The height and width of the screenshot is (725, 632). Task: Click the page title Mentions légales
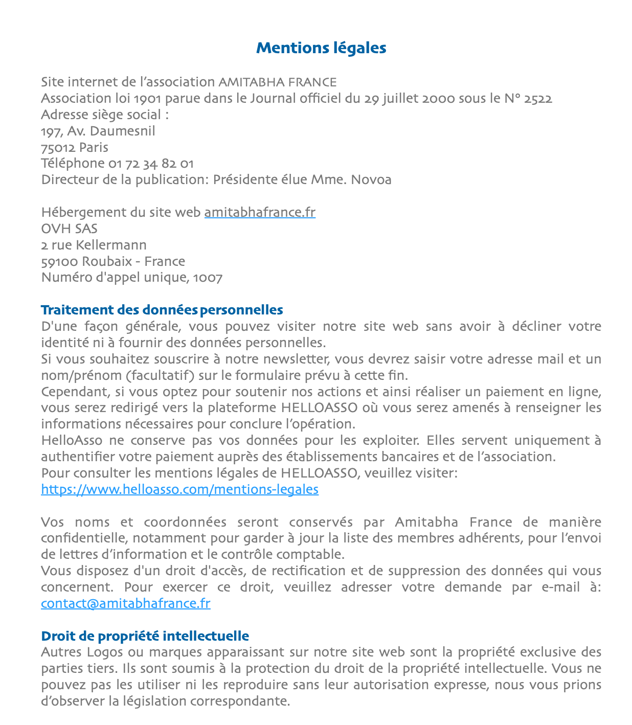click(x=321, y=48)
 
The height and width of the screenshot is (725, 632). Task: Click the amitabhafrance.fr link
click(x=260, y=212)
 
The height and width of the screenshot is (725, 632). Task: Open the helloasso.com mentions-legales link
click(x=179, y=489)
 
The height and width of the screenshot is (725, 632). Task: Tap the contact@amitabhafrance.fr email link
click(x=125, y=603)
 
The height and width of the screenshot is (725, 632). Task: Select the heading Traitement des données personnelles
click(x=162, y=310)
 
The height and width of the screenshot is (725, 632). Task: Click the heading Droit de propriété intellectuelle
click(x=145, y=636)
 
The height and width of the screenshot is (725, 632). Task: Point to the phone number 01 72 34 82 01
click(x=151, y=164)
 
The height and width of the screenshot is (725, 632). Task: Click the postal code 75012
click(x=58, y=148)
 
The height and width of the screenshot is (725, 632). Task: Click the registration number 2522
click(x=538, y=99)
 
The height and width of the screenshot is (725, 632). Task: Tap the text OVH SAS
click(x=69, y=229)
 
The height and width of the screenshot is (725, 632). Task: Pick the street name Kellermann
click(x=111, y=245)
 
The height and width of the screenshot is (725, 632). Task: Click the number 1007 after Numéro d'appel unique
click(x=208, y=278)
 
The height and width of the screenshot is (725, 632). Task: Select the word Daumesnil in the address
click(x=122, y=131)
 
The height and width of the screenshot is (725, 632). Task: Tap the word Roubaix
click(x=107, y=261)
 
